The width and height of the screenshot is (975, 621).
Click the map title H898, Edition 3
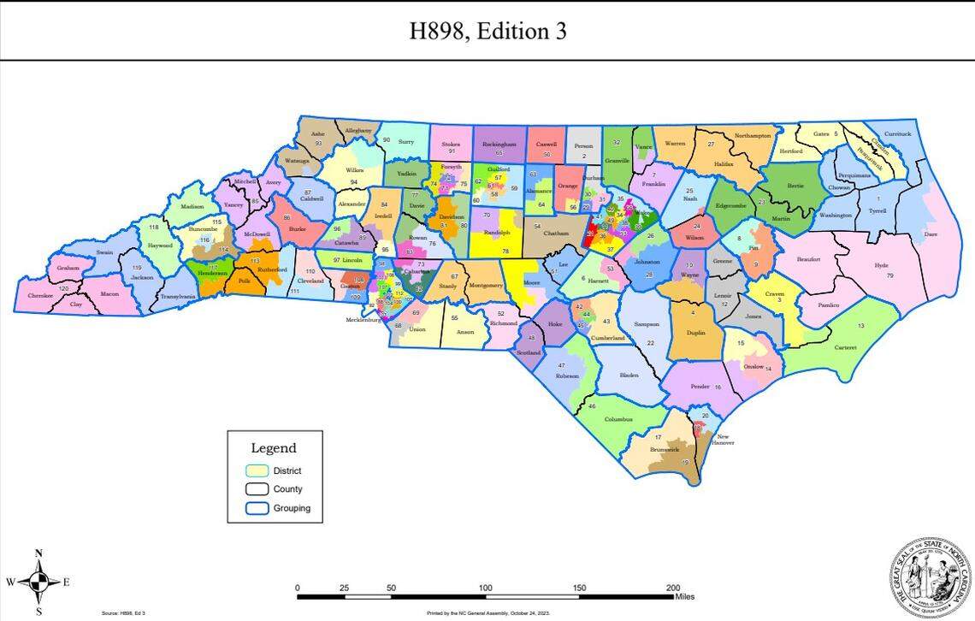487,32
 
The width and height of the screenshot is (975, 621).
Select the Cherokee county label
40,296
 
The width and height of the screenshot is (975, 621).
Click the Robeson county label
567,376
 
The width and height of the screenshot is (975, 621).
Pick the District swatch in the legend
257,470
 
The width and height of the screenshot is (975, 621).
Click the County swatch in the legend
257,489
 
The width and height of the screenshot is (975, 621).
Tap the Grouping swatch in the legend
257,508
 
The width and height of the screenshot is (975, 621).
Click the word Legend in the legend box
274,448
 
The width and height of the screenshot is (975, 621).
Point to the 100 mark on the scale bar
485,588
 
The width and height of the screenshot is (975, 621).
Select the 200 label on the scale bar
673,588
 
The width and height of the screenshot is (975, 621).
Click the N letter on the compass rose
38,553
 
